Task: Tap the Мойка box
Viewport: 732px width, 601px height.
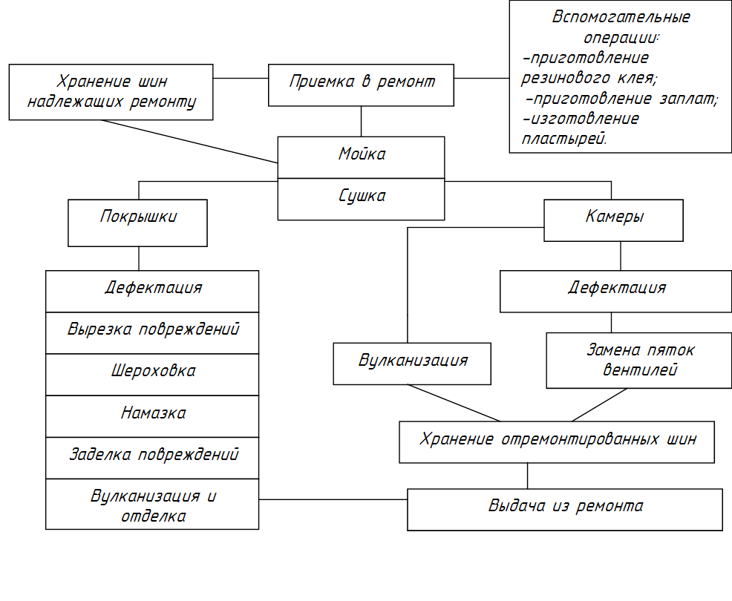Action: coord(361,157)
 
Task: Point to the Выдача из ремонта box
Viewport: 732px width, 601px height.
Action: coord(564,509)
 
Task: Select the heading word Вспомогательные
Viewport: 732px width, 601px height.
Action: coord(621,18)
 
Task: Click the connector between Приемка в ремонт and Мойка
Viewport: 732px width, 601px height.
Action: coord(361,122)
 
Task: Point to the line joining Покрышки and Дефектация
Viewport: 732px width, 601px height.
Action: coord(138,258)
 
